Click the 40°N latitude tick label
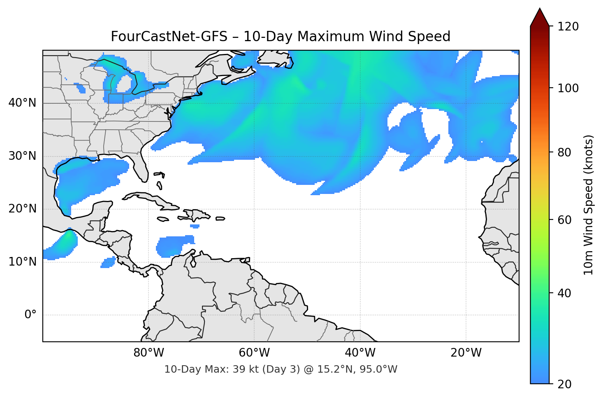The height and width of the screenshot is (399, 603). pos(22,103)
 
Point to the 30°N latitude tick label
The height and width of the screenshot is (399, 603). pos(22,156)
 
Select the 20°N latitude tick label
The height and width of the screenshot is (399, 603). pos(22,209)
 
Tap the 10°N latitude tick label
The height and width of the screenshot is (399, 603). pos(22,262)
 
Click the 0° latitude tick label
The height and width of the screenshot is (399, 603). pos(30,315)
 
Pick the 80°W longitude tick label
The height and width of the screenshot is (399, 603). pos(148,353)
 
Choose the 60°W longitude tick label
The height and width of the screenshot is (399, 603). pos(254,353)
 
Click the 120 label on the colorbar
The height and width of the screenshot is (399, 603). pos(568,27)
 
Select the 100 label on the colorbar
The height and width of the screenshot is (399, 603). pos(568,88)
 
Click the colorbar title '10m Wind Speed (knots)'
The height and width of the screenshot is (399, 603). pos(589,205)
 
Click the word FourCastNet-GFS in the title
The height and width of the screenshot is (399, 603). pos(169,37)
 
